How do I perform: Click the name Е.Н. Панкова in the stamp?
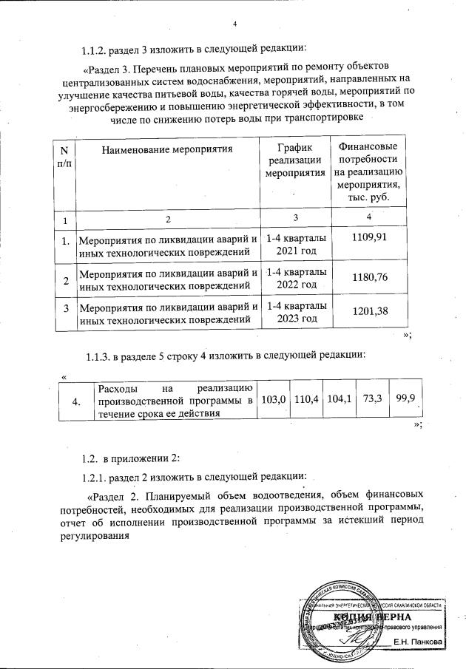[418, 642]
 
